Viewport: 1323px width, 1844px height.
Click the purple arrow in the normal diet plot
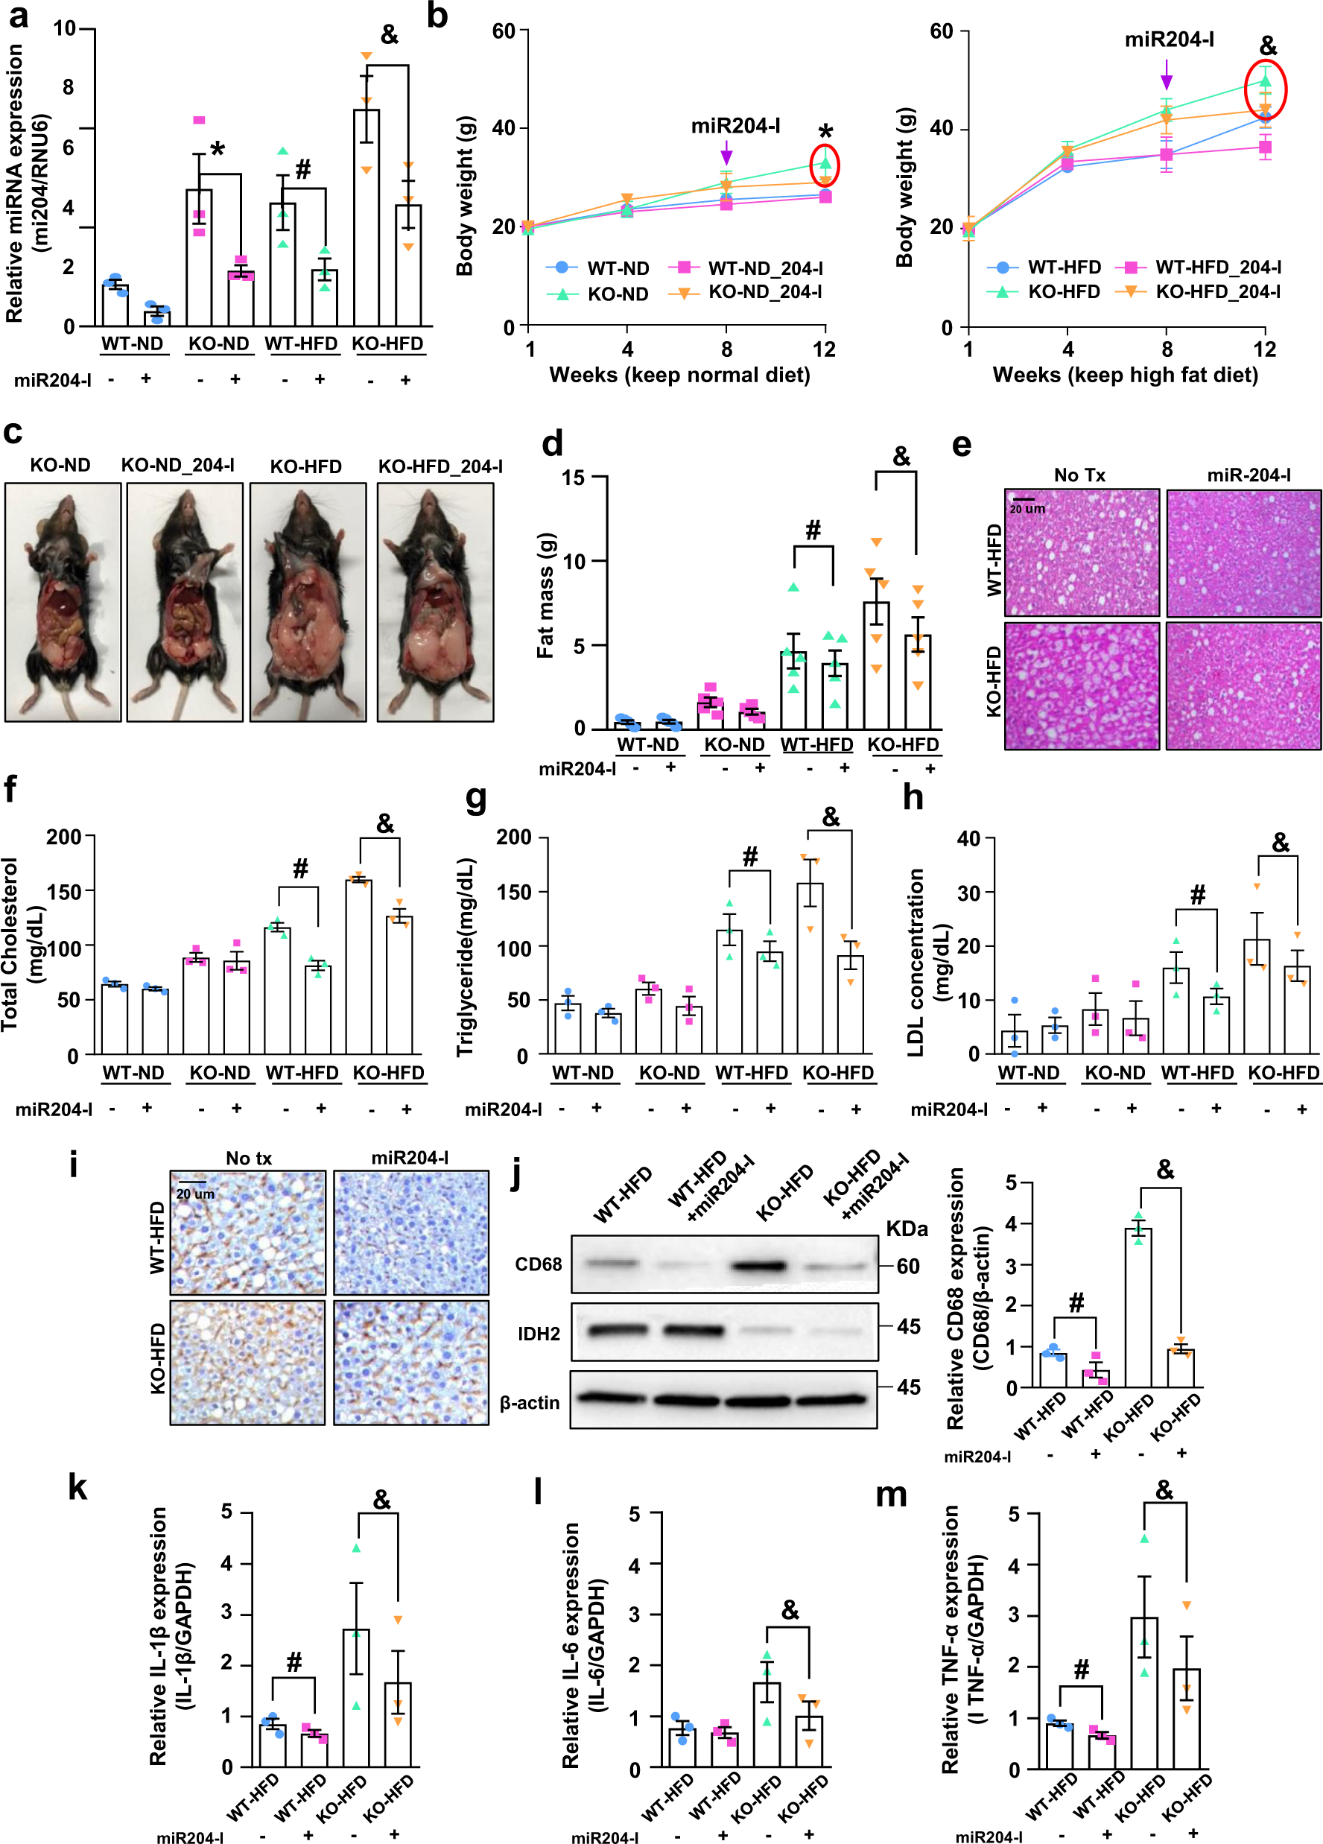pyautogui.click(x=726, y=151)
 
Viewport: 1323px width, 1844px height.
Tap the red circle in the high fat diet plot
pyautogui.click(x=1264, y=89)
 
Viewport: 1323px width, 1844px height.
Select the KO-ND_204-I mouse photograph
pyautogui.click(x=185, y=602)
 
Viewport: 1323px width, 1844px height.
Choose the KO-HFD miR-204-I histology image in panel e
pyautogui.click(x=1243, y=685)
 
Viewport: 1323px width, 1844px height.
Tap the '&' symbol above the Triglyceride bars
pyautogui.click(x=831, y=817)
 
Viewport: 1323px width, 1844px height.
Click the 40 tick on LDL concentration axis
pyautogui.click(x=968, y=837)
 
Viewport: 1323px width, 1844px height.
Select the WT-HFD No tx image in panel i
pyautogui.click(x=247, y=1232)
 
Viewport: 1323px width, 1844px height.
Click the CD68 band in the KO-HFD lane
pyautogui.click(x=758, y=1265)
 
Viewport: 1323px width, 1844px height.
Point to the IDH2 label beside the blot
pyautogui.click(x=539, y=1334)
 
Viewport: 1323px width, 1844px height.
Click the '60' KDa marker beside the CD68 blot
pyautogui.click(x=907, y=1266)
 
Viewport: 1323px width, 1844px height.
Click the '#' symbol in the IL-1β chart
pyautogui.click(x=294, y=1662)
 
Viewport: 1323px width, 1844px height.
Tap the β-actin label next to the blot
pyautogui.click(x=530, y=1401)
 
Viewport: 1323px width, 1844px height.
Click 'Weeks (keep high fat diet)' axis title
pyautogui.click(x=1125, y=375)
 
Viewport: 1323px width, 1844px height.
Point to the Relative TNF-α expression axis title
pyautogui.click(x=962, y=1638)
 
